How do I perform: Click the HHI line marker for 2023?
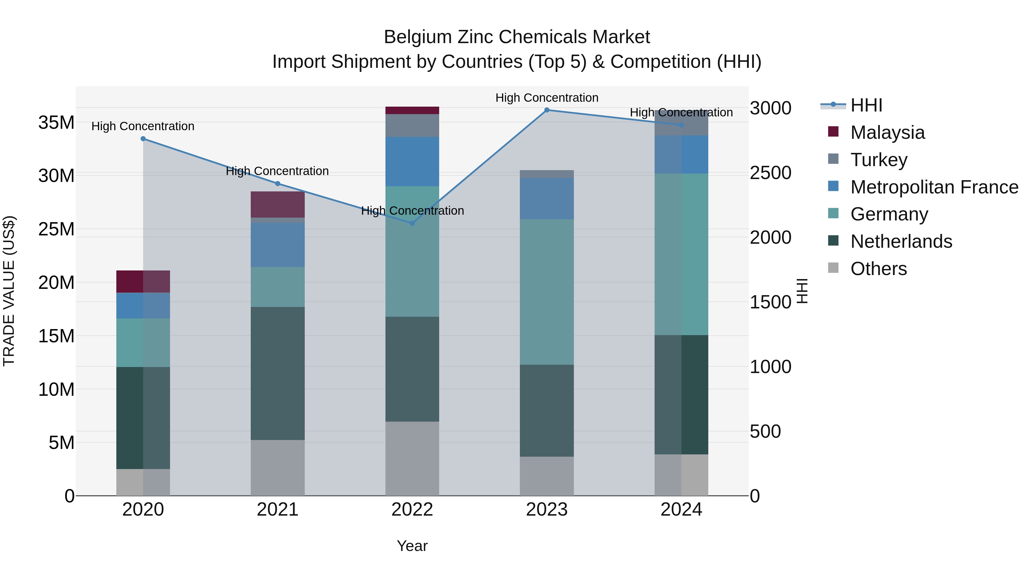tap(547, 110)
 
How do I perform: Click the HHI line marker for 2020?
tap(143, 139)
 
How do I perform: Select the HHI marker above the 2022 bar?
tap(412, 223)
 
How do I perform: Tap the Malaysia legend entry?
tap(887, 132)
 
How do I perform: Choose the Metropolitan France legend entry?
tap(934, 187)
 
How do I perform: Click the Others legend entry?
tap(878, 268)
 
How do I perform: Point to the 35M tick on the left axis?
tap(56, 122)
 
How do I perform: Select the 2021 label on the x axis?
tap(277, 510)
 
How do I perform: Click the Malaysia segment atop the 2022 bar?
tap(412, 110)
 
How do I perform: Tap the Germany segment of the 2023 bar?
tap(547, 292)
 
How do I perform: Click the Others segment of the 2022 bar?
tap(412, 458)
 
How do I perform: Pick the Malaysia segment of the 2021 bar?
tap(277, 204)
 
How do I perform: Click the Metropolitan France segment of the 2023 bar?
tap(547, 198)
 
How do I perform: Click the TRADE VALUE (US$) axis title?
tap(9, 291)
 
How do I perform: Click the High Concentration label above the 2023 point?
tap(547, 98)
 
